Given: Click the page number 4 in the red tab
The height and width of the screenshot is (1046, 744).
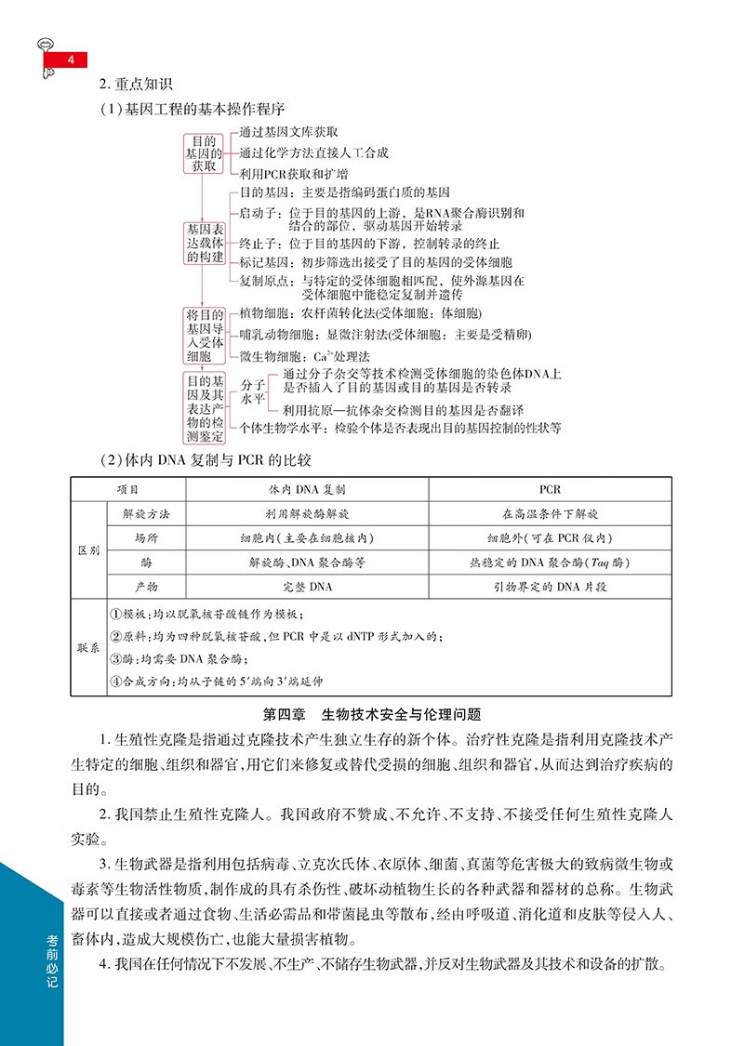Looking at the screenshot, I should point(71,60).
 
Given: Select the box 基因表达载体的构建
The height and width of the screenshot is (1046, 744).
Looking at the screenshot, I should point(204,244).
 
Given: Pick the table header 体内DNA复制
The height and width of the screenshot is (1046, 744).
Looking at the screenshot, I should point(307,489).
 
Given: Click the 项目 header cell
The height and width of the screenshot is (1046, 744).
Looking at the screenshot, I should point(127,489).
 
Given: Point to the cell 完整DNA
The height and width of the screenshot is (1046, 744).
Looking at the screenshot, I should point(307,587).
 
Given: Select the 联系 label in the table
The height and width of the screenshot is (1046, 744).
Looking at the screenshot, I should point(88,647).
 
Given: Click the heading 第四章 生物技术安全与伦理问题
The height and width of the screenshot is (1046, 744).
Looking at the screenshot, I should point(371,715).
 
